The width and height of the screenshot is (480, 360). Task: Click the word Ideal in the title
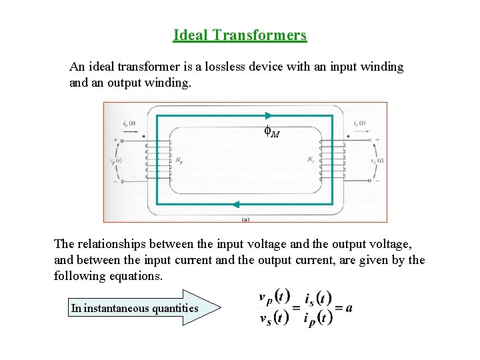[190, 35]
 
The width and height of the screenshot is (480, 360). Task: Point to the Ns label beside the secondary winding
[311, 160]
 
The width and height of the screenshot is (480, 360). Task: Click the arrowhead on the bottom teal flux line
[235, 205]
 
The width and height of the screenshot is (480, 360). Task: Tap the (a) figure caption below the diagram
[245, 219]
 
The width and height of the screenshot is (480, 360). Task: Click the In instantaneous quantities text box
[135, 308]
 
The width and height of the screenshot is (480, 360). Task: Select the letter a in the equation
[349, 307]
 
